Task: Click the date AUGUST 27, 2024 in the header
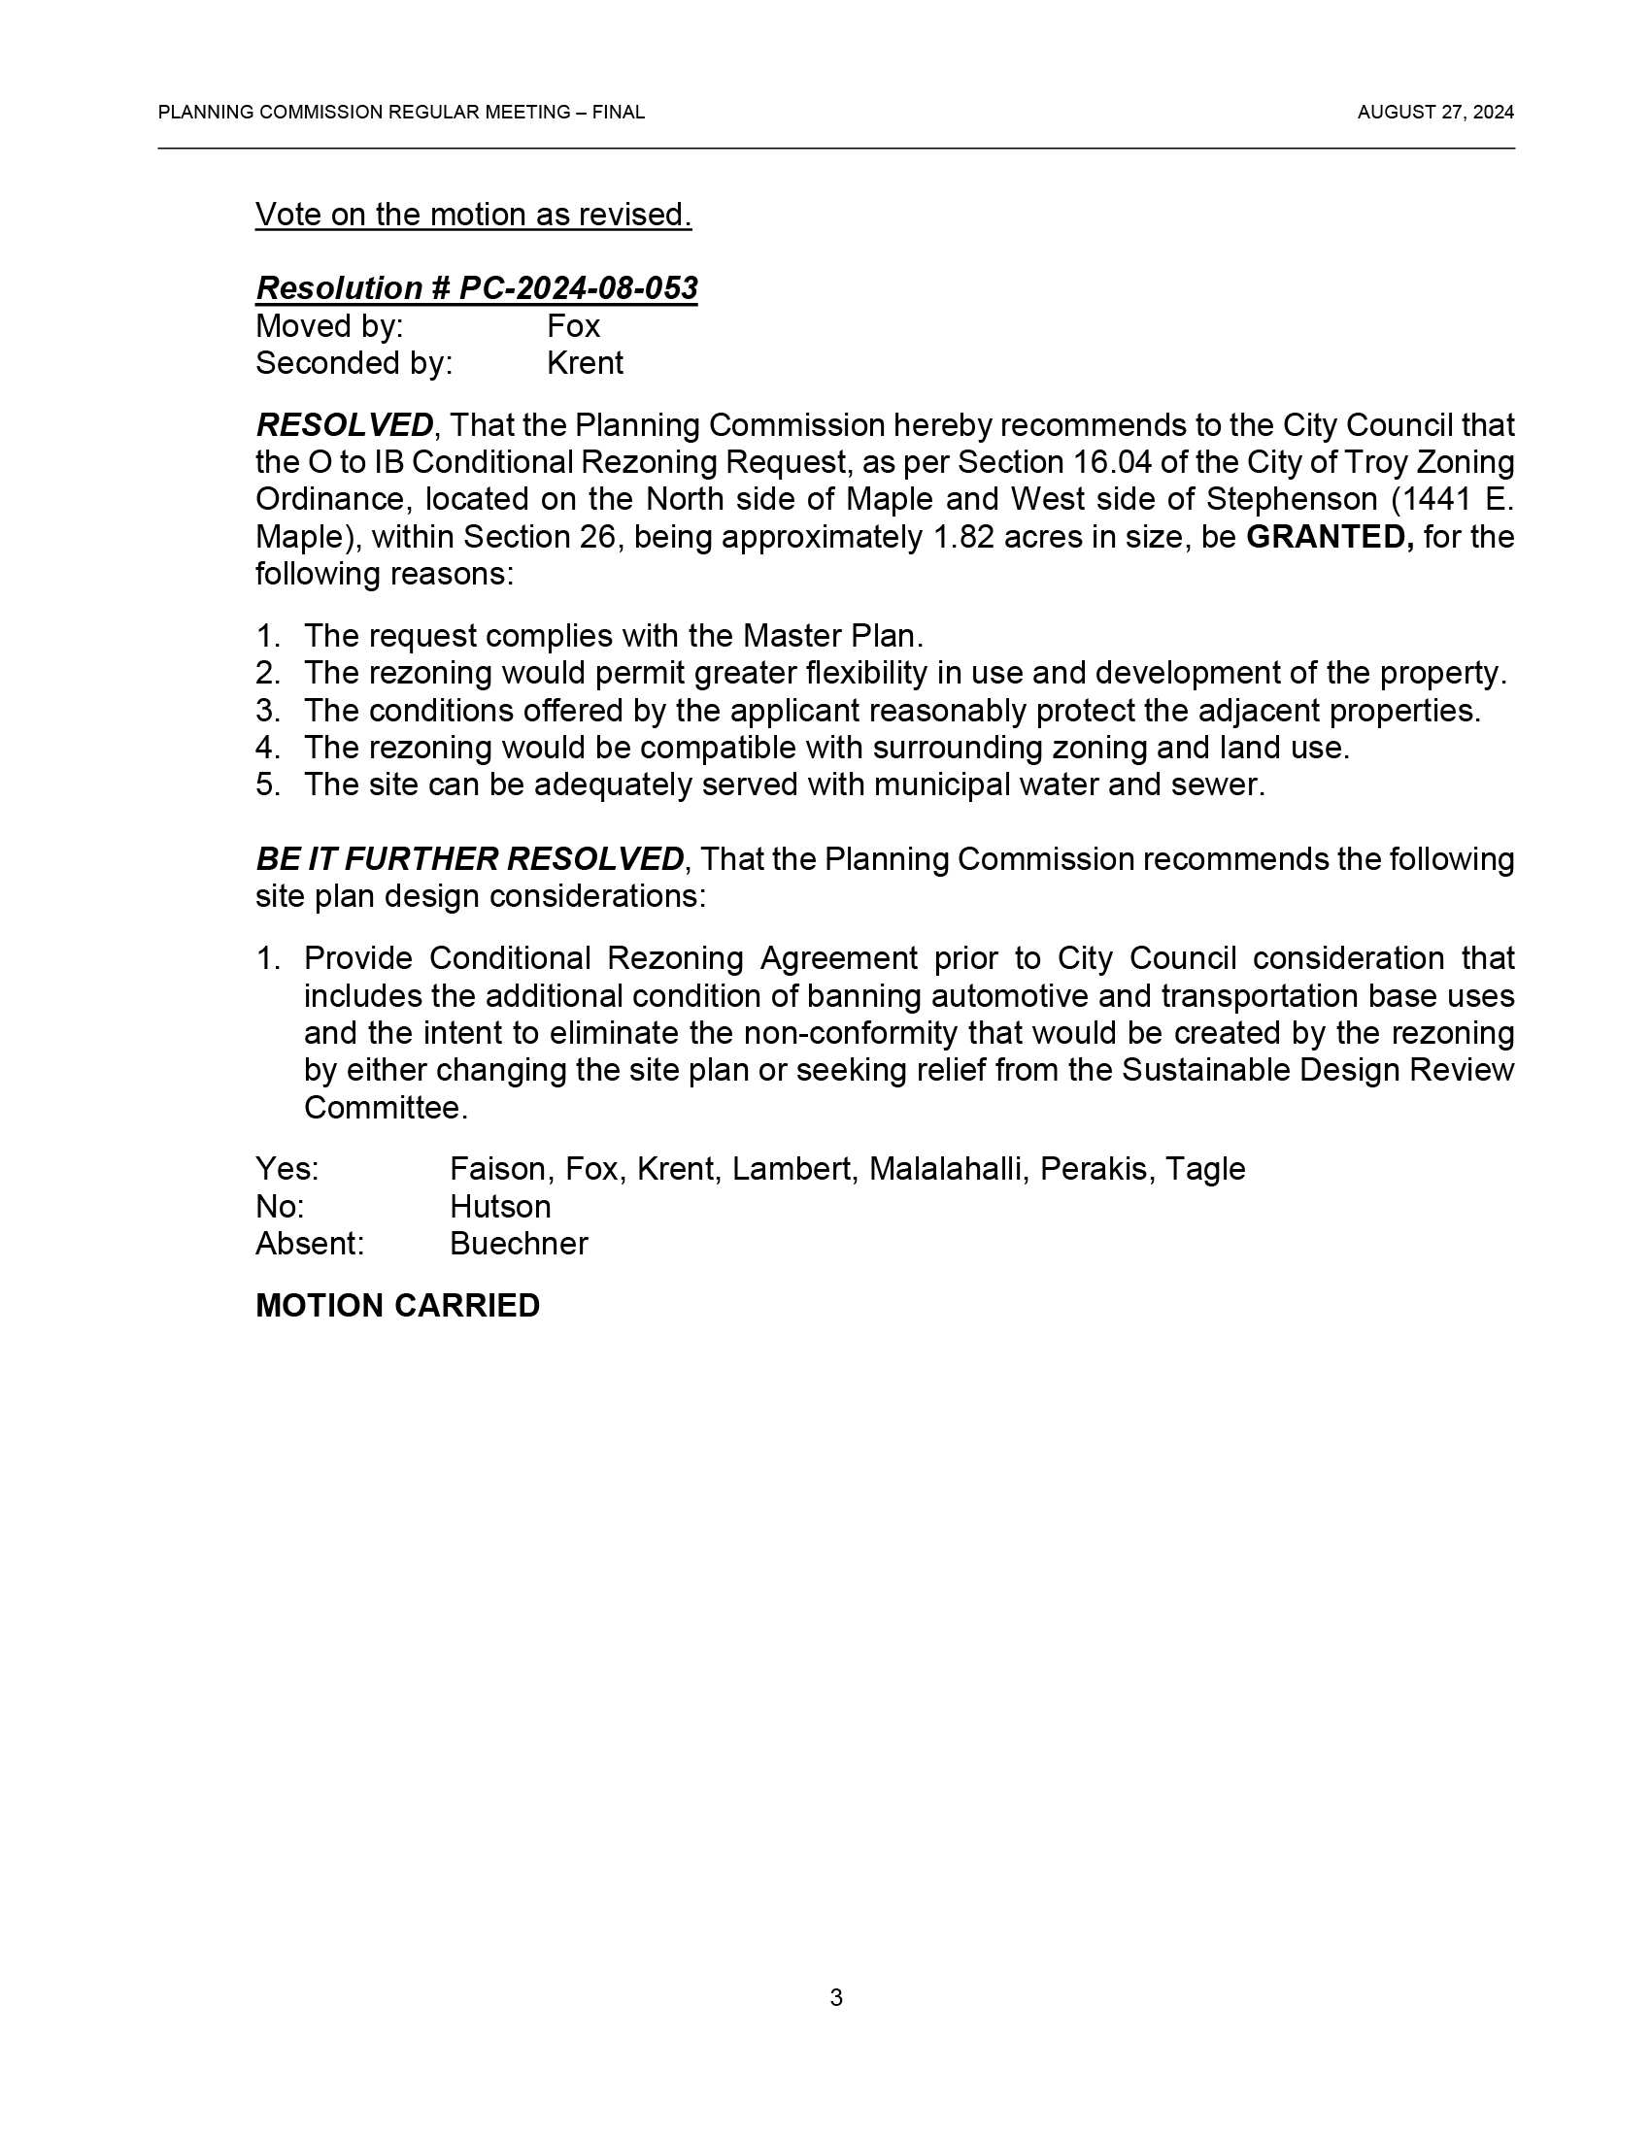click(x=1434, y=113)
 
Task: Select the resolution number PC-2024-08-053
click(x=578, y=288)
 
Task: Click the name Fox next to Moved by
click(x=573, y=325)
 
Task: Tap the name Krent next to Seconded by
click(x=585, y=363)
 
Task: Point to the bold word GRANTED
click(x=1330, y=537)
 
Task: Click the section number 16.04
click(x=1111, y=461)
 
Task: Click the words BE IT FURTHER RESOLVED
click(x=469, y=859)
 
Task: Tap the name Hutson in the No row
click(x=500, y=1207)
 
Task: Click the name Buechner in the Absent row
click(x=519, y=1244)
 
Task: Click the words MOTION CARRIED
click(x=397, y=1307)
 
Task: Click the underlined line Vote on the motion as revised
click(x=473, y=215)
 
